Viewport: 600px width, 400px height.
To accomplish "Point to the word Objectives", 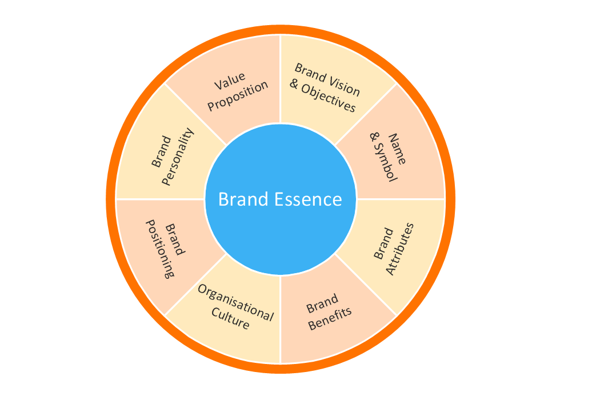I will pos(330,100).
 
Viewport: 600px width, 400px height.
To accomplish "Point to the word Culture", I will pos(230,319).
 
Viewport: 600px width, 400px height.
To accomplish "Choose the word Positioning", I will pos(159,249).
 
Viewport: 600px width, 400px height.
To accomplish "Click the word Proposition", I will pos(238,96).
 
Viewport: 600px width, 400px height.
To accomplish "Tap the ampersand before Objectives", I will pos(294,85).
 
